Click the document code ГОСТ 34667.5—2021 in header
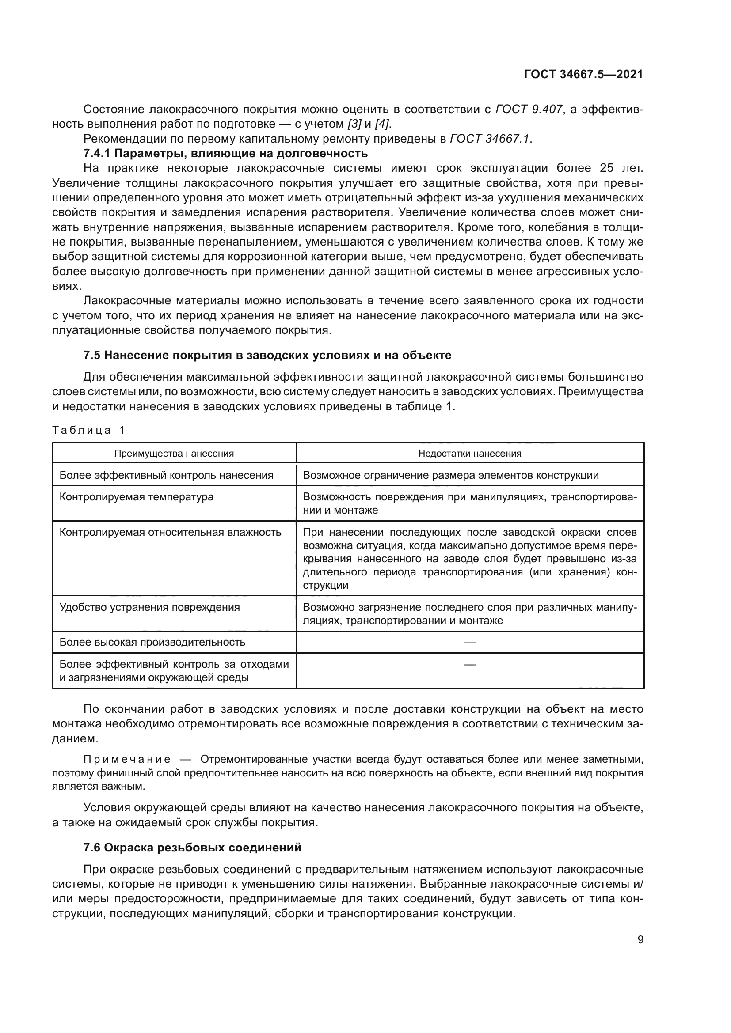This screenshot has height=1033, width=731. [583, 74]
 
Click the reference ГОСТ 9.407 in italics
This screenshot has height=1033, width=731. [529, 110]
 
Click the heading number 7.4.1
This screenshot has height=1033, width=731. [97, 153]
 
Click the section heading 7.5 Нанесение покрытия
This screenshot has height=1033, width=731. [267, 355]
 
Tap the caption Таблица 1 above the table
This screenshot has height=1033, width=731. [88, 430]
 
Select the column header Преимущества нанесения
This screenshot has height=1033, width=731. [174, 453]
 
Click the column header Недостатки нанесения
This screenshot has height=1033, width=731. [469, 453]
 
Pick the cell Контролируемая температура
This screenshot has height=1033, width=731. [137, 497]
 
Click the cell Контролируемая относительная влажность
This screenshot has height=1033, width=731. [170, 532]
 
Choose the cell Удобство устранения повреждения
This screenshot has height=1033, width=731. [149, 607]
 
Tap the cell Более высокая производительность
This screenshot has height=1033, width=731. [152, 642]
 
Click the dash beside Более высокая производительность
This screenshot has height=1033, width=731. [469, 642]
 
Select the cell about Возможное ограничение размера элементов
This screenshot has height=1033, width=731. [450, 475]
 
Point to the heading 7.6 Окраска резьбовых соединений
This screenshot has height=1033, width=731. [192, 848]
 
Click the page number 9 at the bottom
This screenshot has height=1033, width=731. [640, 940]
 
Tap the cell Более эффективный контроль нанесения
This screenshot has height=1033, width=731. [166, 475]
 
